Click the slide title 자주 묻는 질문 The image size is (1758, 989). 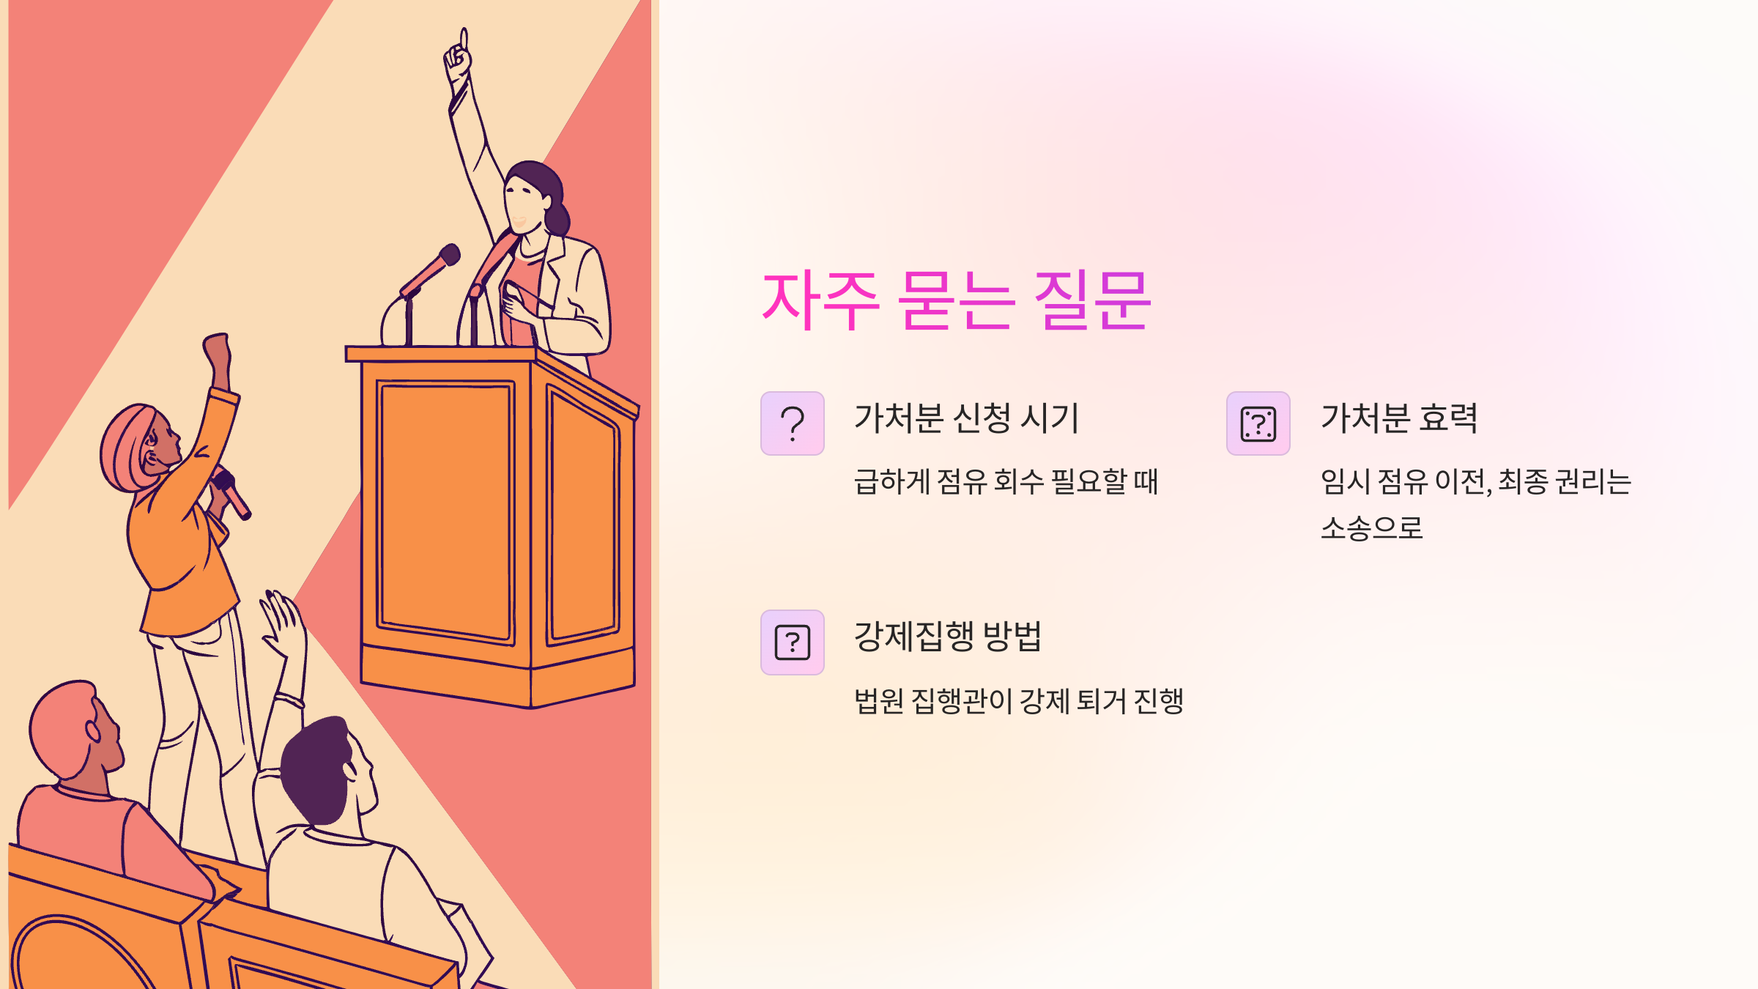(x=956, y=300)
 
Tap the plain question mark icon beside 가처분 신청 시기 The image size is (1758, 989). (x=793, y=423)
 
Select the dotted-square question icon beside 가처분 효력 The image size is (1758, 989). (x=1258, y=423)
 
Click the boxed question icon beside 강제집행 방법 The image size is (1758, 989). (x=793, y=642)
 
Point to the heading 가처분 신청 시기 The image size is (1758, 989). (x=966, y=418)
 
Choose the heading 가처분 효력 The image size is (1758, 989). (x=1399, y=418)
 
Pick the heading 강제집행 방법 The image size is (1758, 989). (x=947, y=636)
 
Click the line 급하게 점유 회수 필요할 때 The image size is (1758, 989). (x=1006, y=481)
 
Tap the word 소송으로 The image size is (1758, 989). (x=1371, y=527)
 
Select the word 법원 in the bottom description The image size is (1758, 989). (x=879, y=701)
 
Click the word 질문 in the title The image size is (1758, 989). (x=1091, y=300)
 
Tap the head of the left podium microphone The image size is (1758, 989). (x=448, y=256)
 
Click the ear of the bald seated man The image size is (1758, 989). (x=94, y=730)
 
